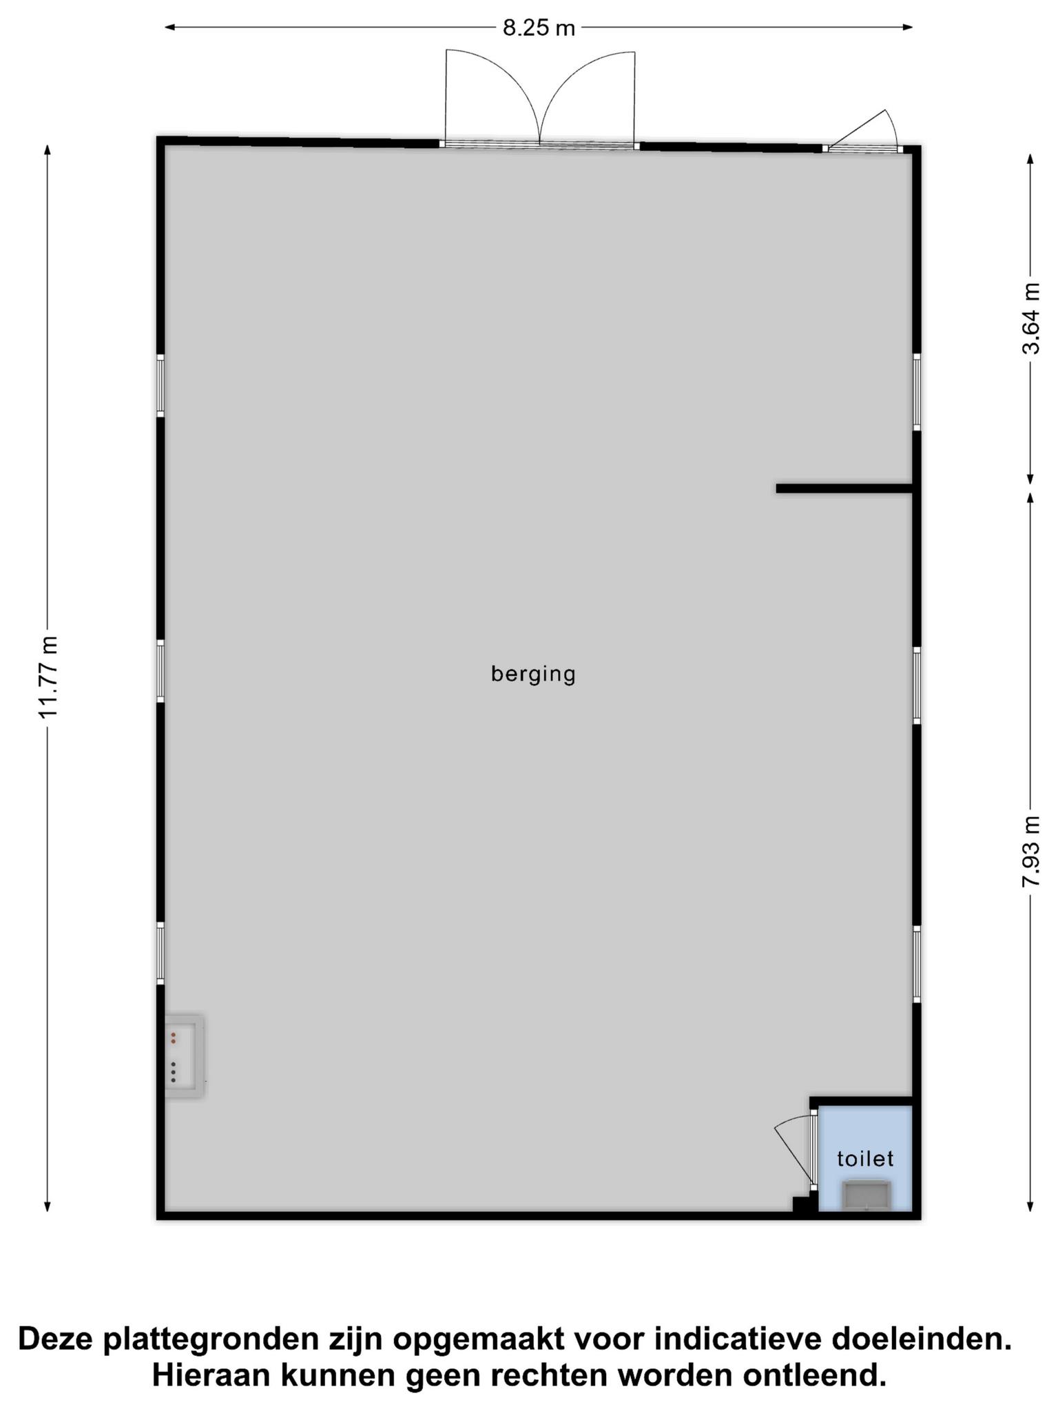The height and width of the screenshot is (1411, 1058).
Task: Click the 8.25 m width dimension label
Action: tap(538, 28)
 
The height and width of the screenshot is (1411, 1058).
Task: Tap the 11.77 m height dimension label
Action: tap(48, 677)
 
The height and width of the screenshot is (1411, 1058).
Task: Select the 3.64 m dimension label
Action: tap(1030, 318)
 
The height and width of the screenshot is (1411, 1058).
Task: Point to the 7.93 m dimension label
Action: tap(1030, 852)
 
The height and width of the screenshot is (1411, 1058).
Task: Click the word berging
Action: tap(533, 674)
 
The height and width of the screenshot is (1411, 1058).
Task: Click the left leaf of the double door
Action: tap(492, 97)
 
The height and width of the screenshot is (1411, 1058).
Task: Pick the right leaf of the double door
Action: tap(588, 97)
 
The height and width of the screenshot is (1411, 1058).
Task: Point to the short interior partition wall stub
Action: tap(844, 488)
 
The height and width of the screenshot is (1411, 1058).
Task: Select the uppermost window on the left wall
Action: tap(160, 385)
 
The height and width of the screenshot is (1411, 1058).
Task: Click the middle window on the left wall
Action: tap(160, 671)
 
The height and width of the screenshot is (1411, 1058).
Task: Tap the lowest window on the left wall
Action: tap(160, 954)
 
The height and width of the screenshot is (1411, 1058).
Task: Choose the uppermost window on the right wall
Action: tap(917, 392)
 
